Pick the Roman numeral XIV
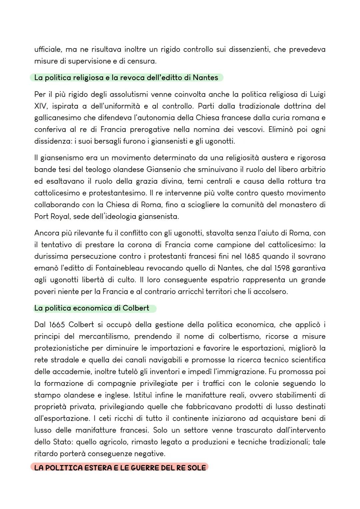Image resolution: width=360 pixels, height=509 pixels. (x=41, y=106)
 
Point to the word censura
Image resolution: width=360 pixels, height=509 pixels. (x=142, y=61)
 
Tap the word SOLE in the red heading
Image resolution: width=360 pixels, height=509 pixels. (x=197, y=468)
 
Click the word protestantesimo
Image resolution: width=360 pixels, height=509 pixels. (x=118, y=193)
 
